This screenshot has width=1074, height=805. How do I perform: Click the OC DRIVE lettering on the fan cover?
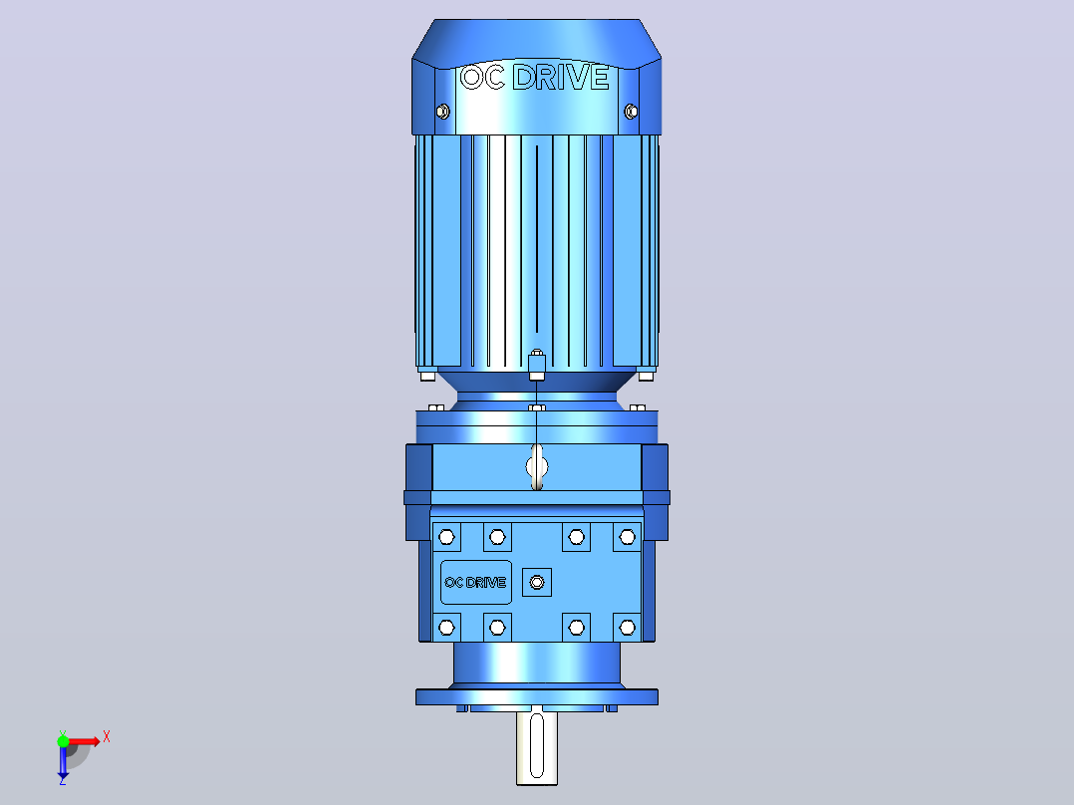[535, 78]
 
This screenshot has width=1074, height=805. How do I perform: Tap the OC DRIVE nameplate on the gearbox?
[476, 583]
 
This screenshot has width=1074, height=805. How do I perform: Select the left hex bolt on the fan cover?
[443, 111]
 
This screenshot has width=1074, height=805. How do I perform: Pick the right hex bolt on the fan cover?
[631, 111]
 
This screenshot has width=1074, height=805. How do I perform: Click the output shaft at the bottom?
[537, 747]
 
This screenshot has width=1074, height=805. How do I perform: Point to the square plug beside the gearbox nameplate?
[537, 583]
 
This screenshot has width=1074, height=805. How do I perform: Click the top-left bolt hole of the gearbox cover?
[446, 536]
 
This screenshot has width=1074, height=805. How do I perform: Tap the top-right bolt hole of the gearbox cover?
[628, 536]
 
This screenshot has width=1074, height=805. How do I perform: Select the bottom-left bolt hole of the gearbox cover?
[446, 627]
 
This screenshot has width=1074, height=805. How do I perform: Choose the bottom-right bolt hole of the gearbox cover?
[628, 627]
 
